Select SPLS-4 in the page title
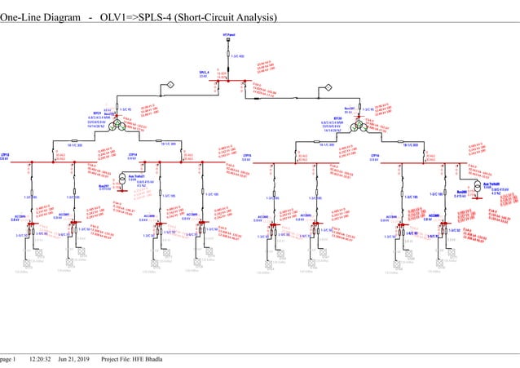[x=156, y=17]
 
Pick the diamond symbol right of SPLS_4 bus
[x=327, y=86]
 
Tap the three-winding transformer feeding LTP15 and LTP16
[x=357, y=124]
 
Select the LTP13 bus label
[x=6, y=153]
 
